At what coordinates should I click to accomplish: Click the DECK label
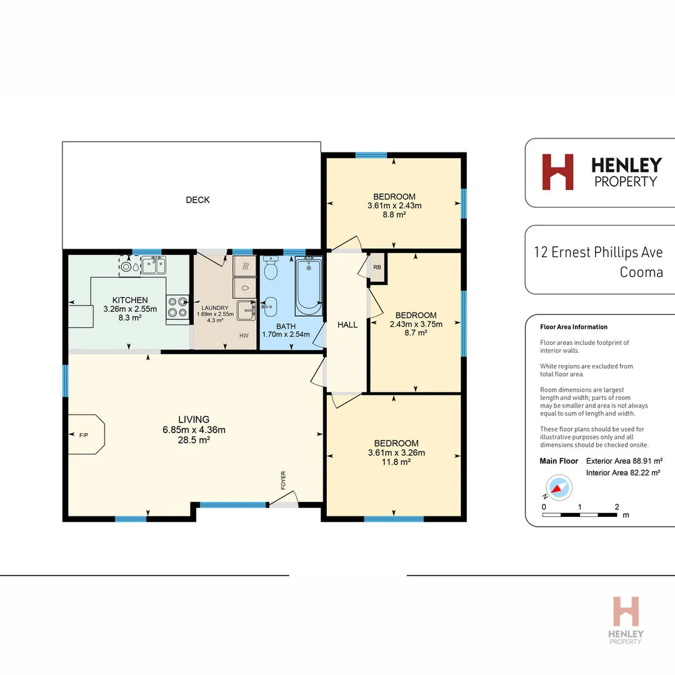(x=197, y=200)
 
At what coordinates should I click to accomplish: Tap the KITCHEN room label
(x=130, y=300)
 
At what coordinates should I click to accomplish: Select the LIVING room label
(x=194, y=419)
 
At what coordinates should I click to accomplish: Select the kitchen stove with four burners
(x=177, y=307)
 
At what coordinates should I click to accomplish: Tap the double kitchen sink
(x=153, y=266)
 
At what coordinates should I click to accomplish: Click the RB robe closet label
(x=377, y=267)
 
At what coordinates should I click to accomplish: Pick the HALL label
(x=347, y=324)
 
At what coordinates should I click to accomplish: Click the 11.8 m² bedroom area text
(x=397, y=462)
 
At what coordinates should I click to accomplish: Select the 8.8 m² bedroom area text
(x=394, y=214)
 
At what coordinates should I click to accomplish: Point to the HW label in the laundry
(x=244, y=336)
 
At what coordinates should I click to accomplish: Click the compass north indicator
(x=558, y=487)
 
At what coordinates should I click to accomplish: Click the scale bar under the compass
(x=580, y=516)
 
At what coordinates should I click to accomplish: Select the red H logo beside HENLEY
(x=557, y=172)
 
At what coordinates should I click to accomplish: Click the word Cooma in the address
(x=641, y=272)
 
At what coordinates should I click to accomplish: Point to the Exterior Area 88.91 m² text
(x=623, y=461)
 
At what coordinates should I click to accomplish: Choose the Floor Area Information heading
(x=573, y=327)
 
